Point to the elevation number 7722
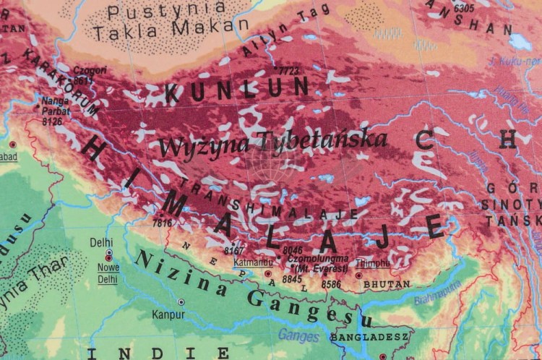point(289,71)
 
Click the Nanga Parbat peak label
point(56,106)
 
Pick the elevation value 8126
point(52,121)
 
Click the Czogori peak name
point(90,71)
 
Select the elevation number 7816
point(162,223)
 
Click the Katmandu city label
point(252,261)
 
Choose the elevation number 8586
point(331,284)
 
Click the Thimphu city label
point(373,263)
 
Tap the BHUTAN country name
point(386,285)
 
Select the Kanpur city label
point(168,314)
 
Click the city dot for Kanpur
point(181,302)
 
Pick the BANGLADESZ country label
point(370,337)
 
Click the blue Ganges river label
point(298,336)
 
